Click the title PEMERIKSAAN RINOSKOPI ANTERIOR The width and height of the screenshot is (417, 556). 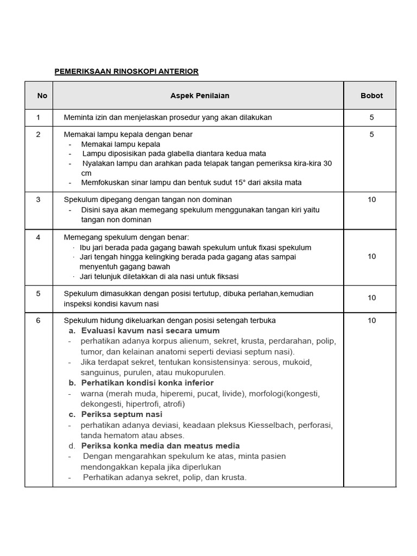[x=127, y=71]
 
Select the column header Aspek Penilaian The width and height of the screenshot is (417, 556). [x=200, y=96]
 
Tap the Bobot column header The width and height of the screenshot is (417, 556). [x=371, y=96]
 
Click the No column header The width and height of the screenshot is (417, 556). [x=42, y=96]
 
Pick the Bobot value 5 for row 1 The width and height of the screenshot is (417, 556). [x=371, y=117]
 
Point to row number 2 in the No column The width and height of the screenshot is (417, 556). [x=39, y=134]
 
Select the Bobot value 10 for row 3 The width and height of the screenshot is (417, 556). [x=371, y=199]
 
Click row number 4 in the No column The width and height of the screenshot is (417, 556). [x=39, y=237]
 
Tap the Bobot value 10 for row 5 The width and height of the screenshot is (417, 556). [x=371, y=298]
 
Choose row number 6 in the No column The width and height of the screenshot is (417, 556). [x=39, y=320]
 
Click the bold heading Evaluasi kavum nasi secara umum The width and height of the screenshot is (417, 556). [x=150, y=331]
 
